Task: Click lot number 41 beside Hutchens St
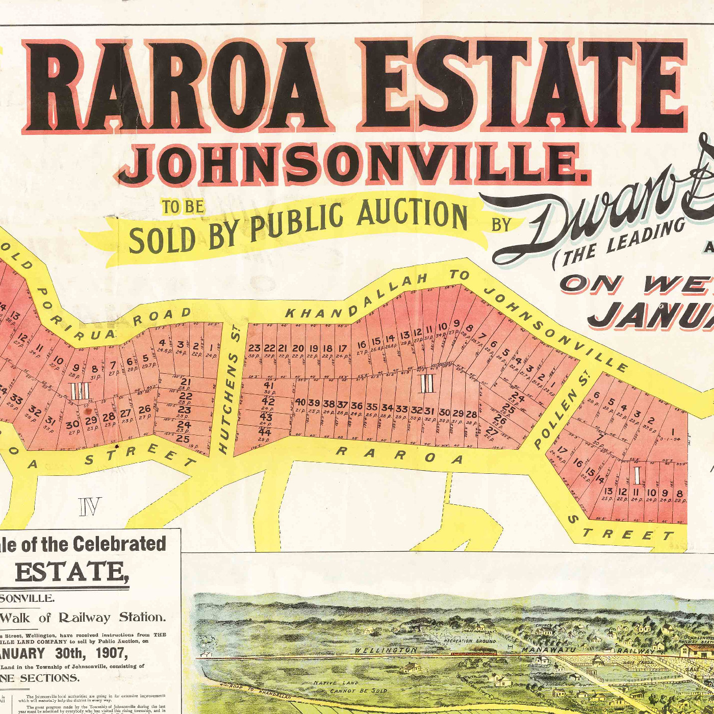[269, 385]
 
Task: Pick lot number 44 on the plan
[265, 432]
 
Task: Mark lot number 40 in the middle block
[301, 402]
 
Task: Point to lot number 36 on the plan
[357, 406]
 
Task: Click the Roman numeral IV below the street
[90, 506]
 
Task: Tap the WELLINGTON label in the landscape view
[386, 650]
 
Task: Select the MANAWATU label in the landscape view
[548, 650]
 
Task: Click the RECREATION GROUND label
[469, 641]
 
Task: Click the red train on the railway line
[473, 653]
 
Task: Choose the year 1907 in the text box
[109, 653]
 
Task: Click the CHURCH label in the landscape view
[544, 626]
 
